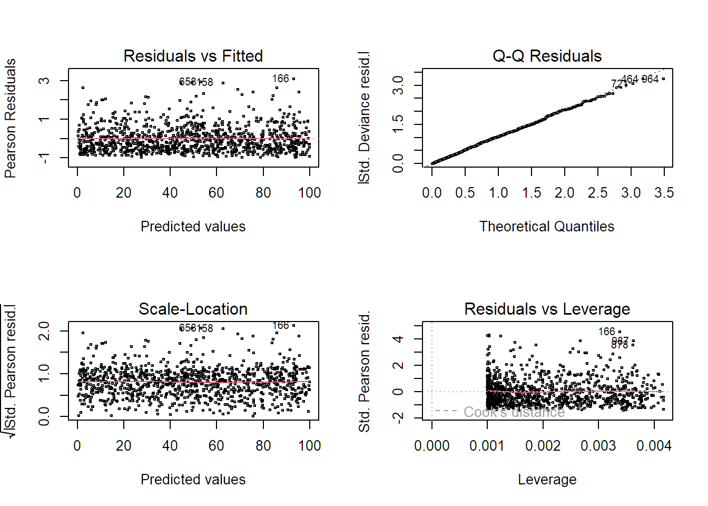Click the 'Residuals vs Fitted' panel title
pyautogui.click(x=193, y=56)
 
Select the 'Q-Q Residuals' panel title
pyautogui.click(x=547, y=56)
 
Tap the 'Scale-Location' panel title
pyautogui.click(x=193, y=309)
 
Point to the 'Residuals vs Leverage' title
pyautogui.click(x=547, y=309)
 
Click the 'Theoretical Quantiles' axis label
pyautogui.click(x=547, y=227)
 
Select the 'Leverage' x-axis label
pyautogui.click(x=547, y=480)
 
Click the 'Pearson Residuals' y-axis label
pyautogui.click(x=10, y=118)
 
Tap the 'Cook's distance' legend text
pyautogui.click(x=514, y=412)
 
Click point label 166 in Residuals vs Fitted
pyautogui.click(x=280, y=79)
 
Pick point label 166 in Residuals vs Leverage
pyautogui.click(x=606, y=332)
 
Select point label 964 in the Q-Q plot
pyautogui.click(x=650, y=79)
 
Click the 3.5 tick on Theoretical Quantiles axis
pyautogui.click(x=664, y=193)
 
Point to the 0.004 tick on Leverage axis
pyautogui.click(x=654, y=446)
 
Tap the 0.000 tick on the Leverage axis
pyautogui.click(x=432, y=446)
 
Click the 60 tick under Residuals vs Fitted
pyautogui.click(x=217, y=193)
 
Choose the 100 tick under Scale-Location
pyautogui.click(x=309, y=446)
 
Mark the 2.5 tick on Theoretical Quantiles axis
pyautogui.click(x=597, y=193)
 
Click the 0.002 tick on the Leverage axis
pyautogui.click(x=543, y=446)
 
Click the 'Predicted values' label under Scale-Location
pyautogui.click(x=193, y=480)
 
